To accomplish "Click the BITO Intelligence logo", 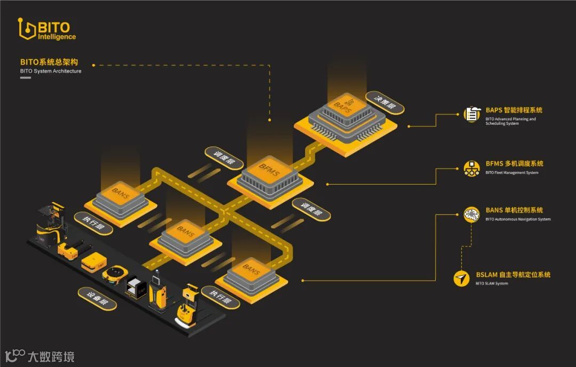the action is click(46, 30).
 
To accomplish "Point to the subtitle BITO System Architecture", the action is click(51, 71).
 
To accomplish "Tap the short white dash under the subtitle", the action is click(25, 78).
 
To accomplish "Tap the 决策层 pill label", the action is click(385, 102).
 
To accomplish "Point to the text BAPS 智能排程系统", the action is click(514, 110).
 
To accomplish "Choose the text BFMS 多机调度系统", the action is click(514, 164).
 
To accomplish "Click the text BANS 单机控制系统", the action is click(514, 210).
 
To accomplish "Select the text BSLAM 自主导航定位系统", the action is click(513, 275).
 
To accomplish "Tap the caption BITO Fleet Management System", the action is click(511, 173).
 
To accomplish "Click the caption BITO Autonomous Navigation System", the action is click(518, 219).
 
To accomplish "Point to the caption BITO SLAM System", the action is click(492, 284).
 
